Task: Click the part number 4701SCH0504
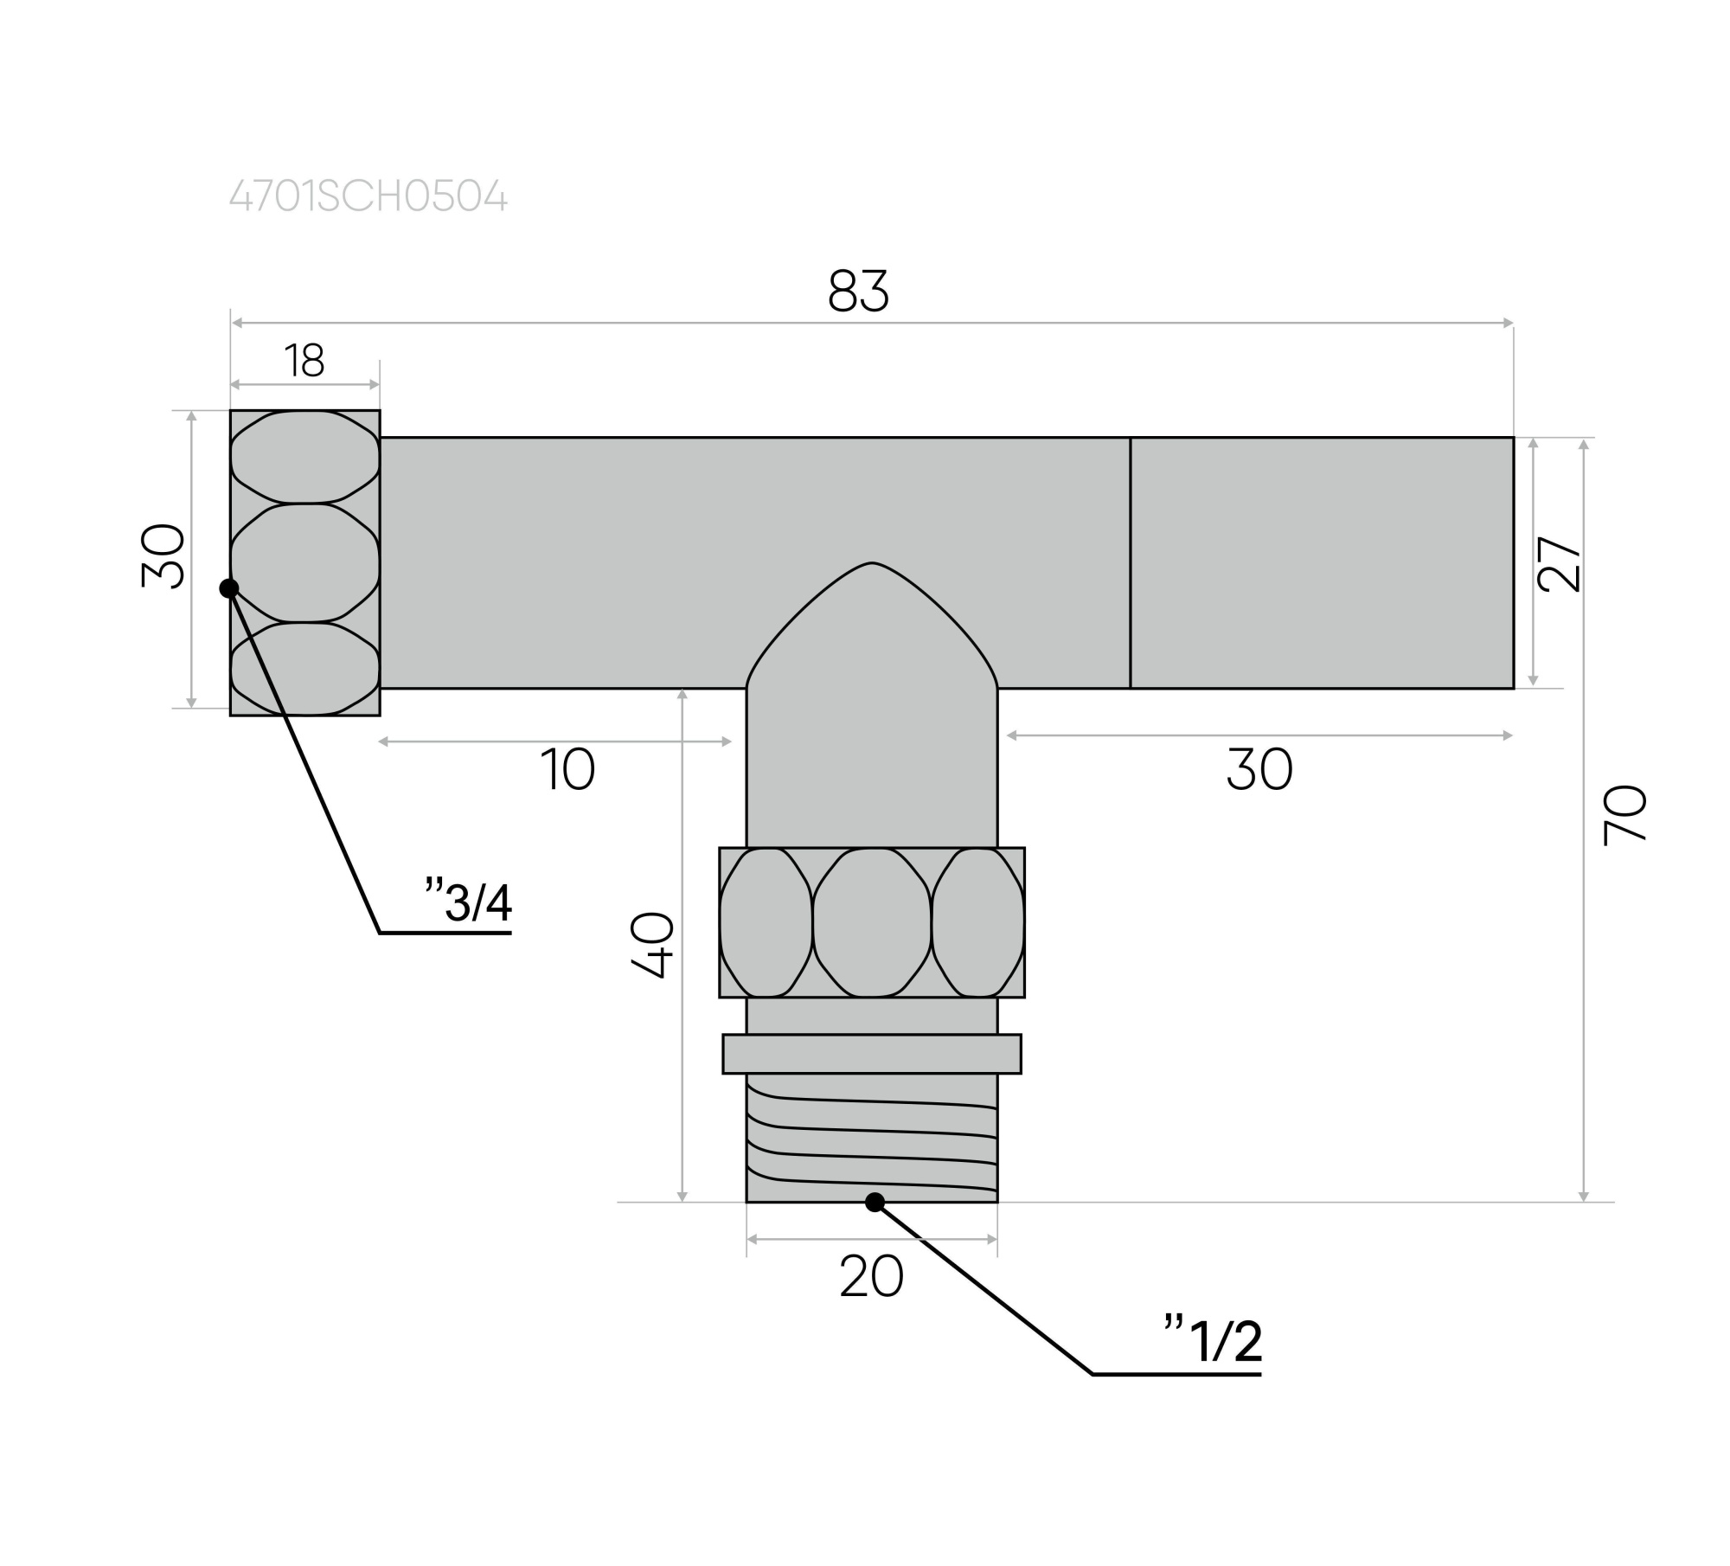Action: tap(368, 196)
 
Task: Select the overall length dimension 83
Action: tap(858, 291)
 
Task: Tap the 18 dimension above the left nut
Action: tap(304, 361)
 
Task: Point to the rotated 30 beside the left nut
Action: tap(163, 556)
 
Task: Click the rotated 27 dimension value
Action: tap(1560, 564)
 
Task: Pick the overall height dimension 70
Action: tap(1624, 815)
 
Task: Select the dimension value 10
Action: tap(567, 769)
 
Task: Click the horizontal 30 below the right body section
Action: tap(1259, 769)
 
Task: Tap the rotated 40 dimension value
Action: tap(652, 945)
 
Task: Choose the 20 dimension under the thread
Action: tap(871, 1276)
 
